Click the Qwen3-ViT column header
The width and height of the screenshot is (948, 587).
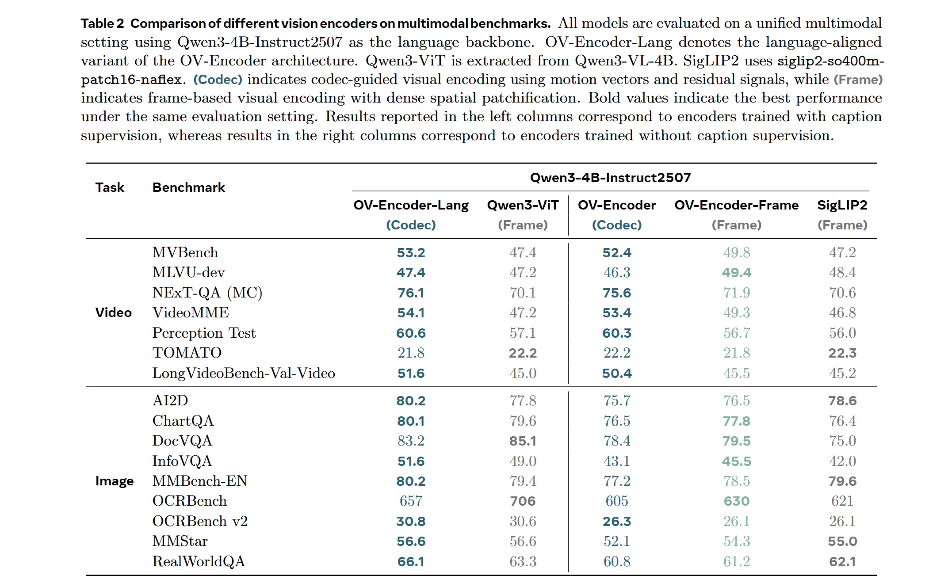point(523,205)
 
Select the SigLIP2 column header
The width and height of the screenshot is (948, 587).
point(842,205)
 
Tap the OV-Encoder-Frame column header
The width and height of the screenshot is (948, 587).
point(736,205)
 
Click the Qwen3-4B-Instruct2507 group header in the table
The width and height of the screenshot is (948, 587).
point(610,178)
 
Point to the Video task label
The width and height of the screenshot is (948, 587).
point(113,313)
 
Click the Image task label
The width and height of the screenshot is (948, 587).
point(114,481)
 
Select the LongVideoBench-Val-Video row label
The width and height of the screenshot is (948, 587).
point(244,373)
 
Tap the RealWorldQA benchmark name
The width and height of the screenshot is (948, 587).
point(199,561)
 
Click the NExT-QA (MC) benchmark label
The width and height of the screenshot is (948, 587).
point(207,293)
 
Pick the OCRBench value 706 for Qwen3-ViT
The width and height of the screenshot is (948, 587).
point(523,501)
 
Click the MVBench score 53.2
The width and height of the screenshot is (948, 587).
point(411,252)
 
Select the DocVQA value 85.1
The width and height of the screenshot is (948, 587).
point(523,441)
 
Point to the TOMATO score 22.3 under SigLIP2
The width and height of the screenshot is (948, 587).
point(842,353)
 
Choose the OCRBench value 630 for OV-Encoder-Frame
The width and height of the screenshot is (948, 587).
point(736,501)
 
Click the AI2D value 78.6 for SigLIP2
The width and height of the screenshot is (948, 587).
point(842,400)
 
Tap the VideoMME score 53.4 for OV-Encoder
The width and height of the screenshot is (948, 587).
point(617,313)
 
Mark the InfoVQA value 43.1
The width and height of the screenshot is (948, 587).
point(617,461)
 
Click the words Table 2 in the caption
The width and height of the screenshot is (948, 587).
point(102,23)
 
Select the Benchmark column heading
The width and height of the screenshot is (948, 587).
point(189,187)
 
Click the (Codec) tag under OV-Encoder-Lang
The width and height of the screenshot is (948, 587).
point(411,225)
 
